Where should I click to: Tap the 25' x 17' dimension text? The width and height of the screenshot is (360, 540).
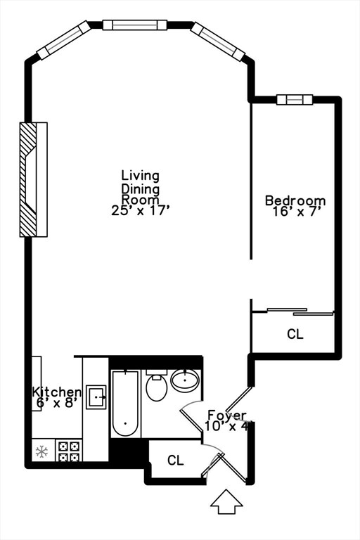coord(141,210)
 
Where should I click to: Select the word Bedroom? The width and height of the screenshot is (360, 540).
coord(295,201)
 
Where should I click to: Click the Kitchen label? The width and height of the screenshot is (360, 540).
coord(57,392)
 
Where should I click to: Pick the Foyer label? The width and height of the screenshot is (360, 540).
coord(226,415)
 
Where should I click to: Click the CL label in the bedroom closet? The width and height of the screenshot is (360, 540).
coord(295,335)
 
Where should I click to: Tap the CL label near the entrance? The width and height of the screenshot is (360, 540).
coord(175,461)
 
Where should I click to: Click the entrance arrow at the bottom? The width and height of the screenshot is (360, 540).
coord(226,502)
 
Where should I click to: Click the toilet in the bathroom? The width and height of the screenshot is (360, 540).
coord(156,386)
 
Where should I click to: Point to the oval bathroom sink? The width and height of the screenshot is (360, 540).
coord(185,382)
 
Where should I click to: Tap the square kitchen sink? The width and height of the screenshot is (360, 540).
coord(96,397)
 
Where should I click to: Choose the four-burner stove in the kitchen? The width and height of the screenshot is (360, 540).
coord(69,450)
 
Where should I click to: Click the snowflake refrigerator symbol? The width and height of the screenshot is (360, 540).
coord(42,450)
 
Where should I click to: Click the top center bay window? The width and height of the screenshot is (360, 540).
coord(134,25)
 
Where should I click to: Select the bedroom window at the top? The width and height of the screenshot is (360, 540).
coord(294,99)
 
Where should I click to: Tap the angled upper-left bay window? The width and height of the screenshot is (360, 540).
coord(64,40)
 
